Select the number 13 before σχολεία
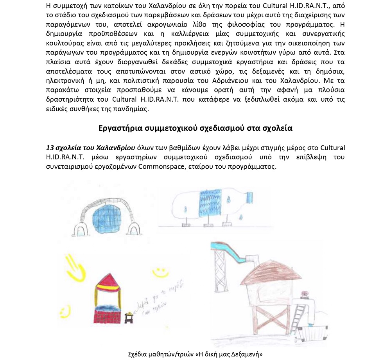pos(50,148)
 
